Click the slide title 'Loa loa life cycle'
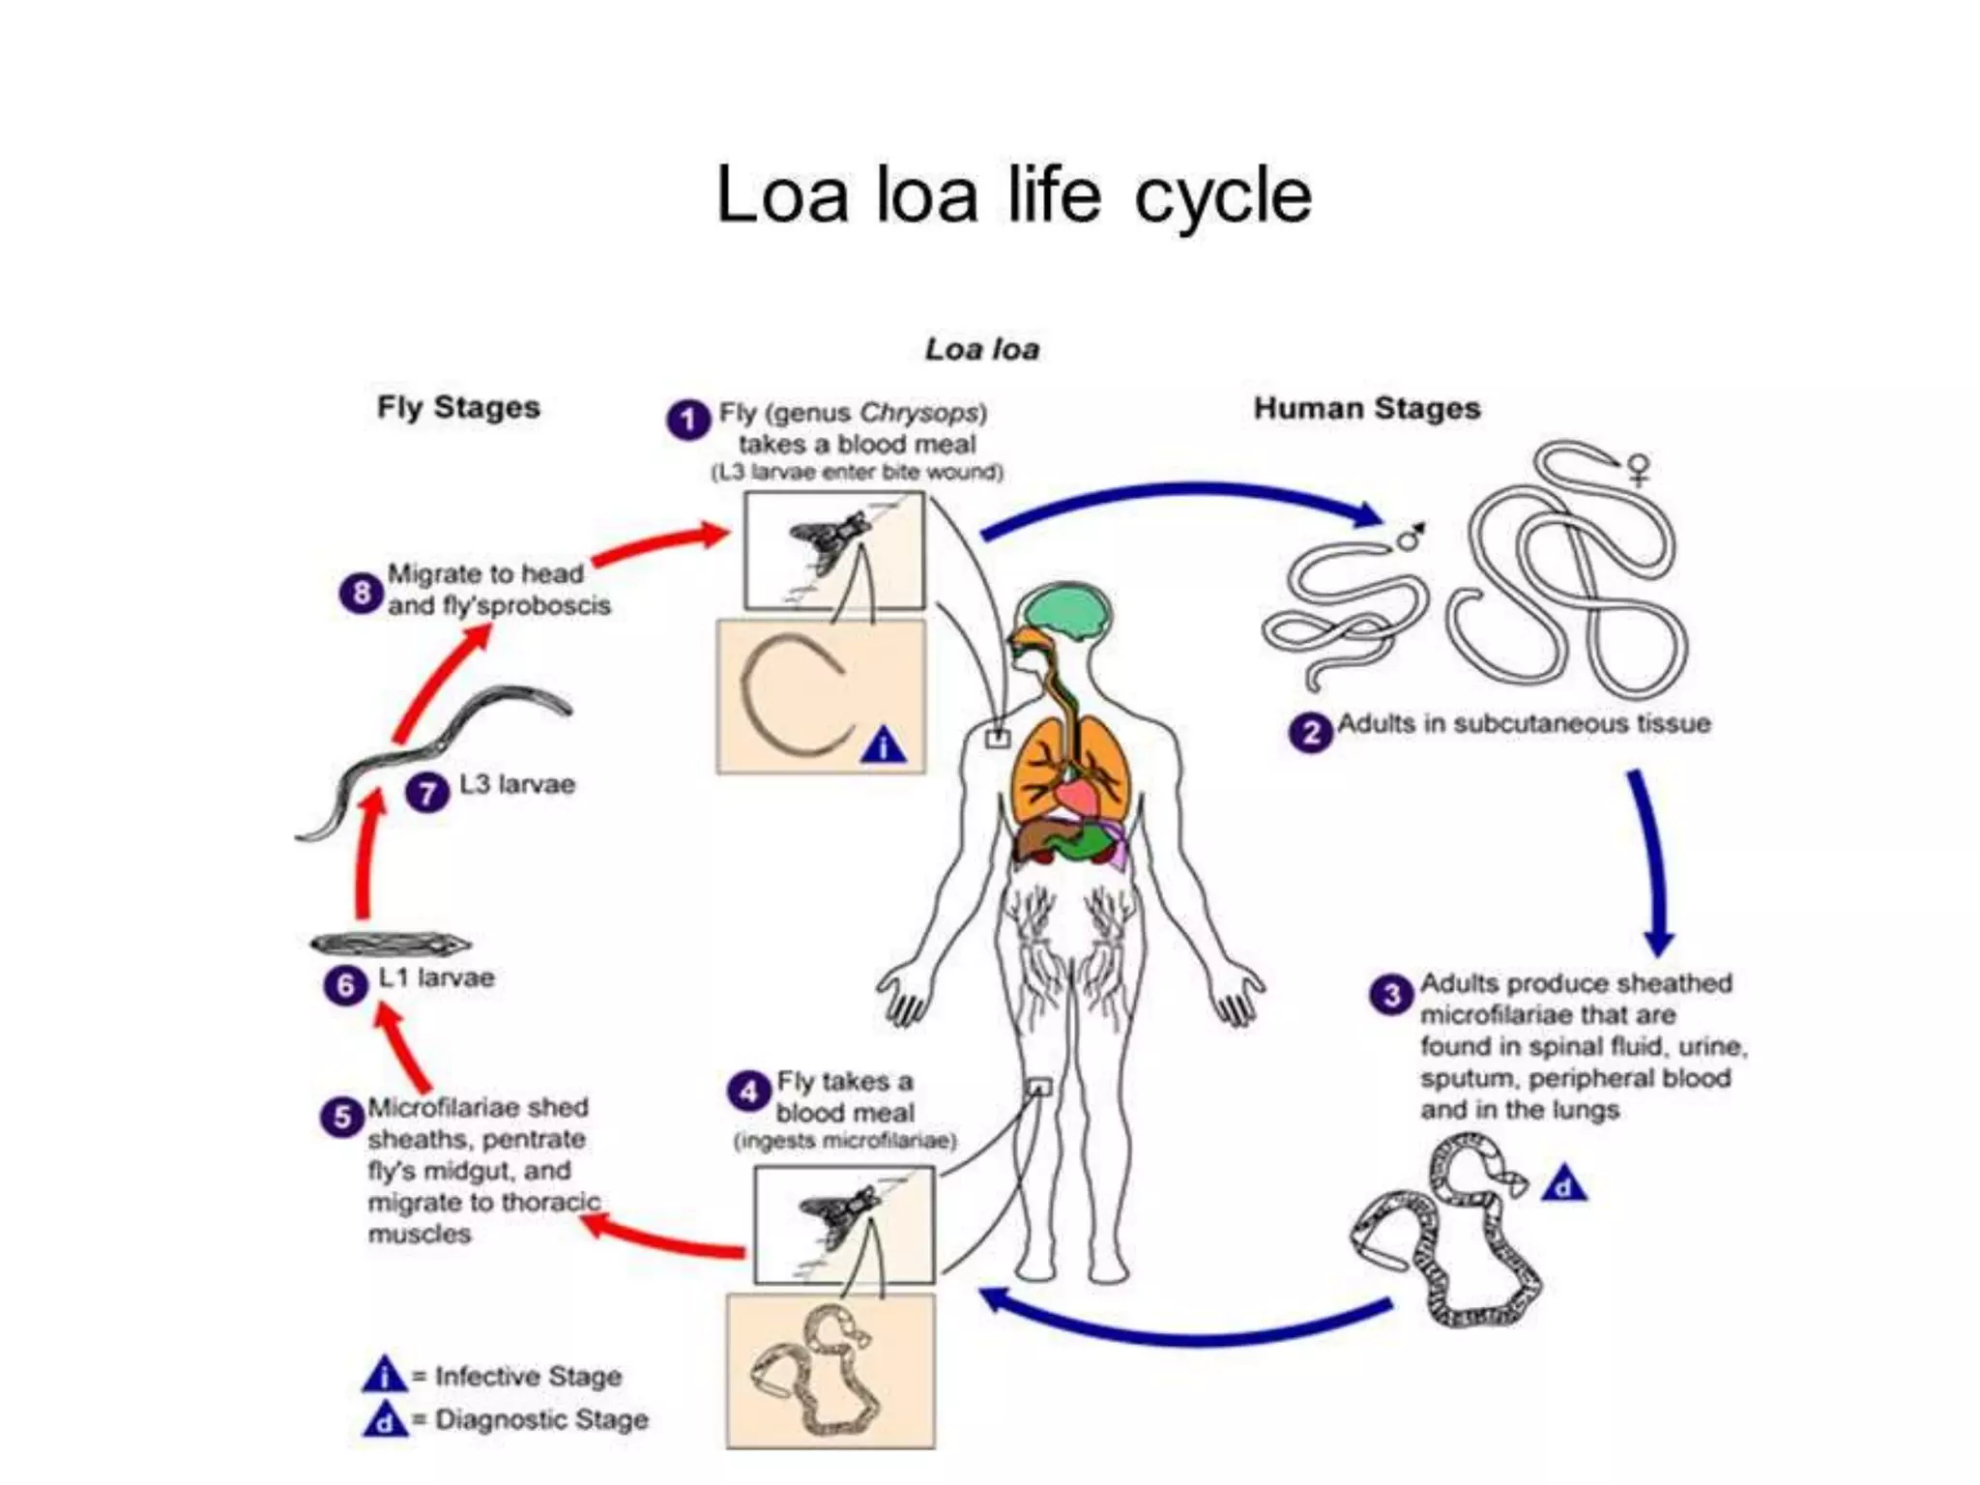click(1012, 195)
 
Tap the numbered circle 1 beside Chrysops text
click(687, 421)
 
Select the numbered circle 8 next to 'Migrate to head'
click(361, 593)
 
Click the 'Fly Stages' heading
click(458, 407)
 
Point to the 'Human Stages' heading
click(1366, 408)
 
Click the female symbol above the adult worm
click(1639, 470)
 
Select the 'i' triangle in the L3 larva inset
click(883, 747)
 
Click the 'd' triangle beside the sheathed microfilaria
click(1563, 1185)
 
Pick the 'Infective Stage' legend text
click(527, 1376)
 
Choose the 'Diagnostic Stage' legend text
click(540, 1419)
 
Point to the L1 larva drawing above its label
click(390, 943)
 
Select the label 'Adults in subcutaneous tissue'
click(1523, 724)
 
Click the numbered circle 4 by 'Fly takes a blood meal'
click(748, 1092)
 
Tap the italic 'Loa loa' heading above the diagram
click(981, 349)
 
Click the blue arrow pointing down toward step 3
click(1651, 860)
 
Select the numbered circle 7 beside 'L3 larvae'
click(426, 793)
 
